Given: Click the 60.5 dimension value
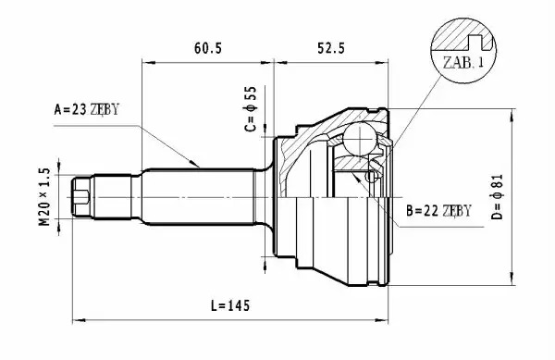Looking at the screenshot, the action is pos(208,48).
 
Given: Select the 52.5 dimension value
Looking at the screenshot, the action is pos(330,48).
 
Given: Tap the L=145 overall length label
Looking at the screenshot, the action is pos(230,305).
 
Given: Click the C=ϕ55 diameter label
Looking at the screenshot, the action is pos(251,108).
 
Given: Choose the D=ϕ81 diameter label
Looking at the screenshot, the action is pos(497,196).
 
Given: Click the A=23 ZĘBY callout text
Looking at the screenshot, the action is pos(86,109).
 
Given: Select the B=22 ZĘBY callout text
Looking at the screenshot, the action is pos(438,211).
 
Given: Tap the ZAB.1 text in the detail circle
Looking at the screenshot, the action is pos(463,63).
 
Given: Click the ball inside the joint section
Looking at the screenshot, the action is pos(360,139).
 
